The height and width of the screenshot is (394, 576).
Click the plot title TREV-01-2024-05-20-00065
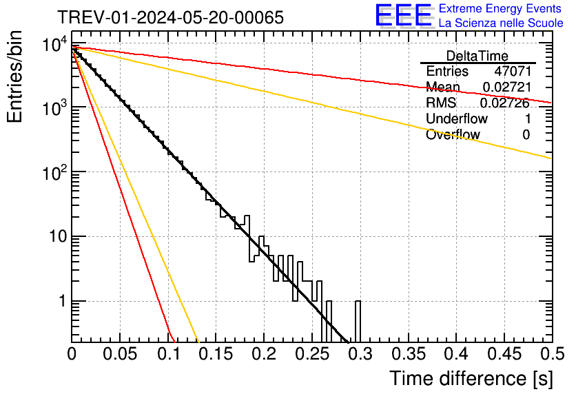coord(170,17)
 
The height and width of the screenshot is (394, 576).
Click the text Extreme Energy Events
coord(500,9)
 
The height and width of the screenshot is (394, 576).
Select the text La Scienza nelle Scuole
coord(500,23)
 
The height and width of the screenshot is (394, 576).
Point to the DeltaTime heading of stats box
coord(477,56)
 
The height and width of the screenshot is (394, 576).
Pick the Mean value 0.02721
coord(506,87)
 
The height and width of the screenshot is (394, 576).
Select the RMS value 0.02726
coord(504,103)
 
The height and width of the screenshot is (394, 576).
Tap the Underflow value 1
coord(526,118)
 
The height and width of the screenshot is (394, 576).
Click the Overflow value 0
coord(526,134)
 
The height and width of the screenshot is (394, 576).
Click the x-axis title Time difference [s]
coord(471,378)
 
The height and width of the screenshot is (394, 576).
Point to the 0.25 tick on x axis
coord(312,354)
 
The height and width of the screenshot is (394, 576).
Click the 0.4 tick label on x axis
coord(456,354)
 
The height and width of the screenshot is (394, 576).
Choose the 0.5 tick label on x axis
coord(552,354)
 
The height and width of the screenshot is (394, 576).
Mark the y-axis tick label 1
coord(61,302)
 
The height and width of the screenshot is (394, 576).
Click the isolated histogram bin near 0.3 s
coord(358,321)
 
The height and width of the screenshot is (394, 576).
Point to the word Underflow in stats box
coord(457,118)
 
